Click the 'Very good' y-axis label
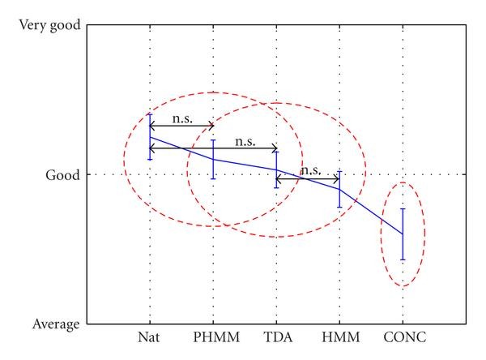pos(49,25)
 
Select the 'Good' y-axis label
pos(62,174)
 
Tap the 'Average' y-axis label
pos(56,324)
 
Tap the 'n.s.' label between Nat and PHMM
pos(181,118)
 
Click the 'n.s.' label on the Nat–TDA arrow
pos(245,141)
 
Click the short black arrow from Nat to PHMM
pos(181,126)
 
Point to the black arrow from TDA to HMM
pos(308,178)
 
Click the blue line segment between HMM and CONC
pos(371,212)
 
